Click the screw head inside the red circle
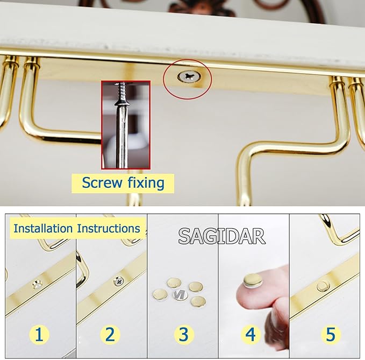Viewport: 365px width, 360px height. (x=189, y=76)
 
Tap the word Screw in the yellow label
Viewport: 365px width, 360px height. (x=102, y=182)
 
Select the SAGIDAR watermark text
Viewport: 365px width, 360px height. (x=221, y=236)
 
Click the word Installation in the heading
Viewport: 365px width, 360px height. (x=43, y=228)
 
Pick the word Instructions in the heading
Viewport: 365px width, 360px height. (x=109, y=228)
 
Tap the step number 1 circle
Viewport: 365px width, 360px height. (x=39, y=335)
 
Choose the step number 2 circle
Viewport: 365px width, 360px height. (x=110, y=335)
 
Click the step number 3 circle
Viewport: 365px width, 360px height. (x=184, y=335)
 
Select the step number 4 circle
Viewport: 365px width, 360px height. (x=251, y=335)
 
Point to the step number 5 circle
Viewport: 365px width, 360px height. (x=331, y=335)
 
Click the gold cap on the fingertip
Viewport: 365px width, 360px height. (x=253, y=280)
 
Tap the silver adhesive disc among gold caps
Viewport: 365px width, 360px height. (x=181, y=295)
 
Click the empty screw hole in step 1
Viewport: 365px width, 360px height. (x=37, y=284)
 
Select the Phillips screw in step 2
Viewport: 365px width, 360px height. (x=119, y=281)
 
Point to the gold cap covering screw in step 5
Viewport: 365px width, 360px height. (x=323, y=286)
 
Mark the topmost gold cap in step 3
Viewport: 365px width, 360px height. (x=174, y=283)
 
